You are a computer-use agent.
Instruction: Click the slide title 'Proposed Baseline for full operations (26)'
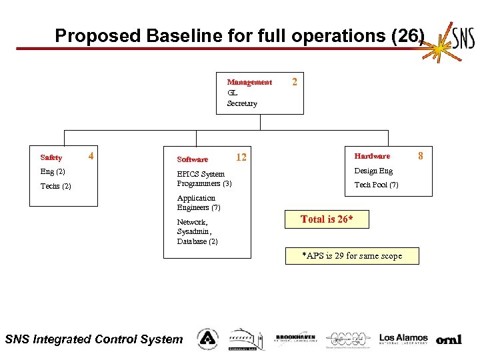point(239,35)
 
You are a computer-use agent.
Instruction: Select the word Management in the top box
point(249,83)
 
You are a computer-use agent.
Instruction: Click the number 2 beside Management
point(295,81)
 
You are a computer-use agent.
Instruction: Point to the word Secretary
point(242,103)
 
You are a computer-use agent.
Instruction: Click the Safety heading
point(51,158)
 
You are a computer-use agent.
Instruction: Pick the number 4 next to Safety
point(90,157)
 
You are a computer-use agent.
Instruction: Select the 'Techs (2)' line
point(56,186)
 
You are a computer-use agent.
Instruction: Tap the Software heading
point(193,159)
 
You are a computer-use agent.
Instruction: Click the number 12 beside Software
point(241,158)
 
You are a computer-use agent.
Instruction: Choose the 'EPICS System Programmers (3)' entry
point(204,179)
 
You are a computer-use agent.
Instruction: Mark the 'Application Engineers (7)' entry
point(199,203)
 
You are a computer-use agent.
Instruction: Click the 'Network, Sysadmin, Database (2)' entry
point(197,232)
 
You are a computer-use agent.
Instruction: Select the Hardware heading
point(372,156)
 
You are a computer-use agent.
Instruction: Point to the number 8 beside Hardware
point(421,156)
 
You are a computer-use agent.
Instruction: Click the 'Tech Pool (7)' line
point(376,185)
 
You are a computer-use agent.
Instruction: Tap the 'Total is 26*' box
point(327,219)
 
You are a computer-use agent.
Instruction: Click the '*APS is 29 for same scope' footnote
point(352,256)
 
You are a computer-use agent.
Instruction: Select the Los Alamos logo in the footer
point(403,339)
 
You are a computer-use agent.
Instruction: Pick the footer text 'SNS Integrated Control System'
point(93,339)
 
